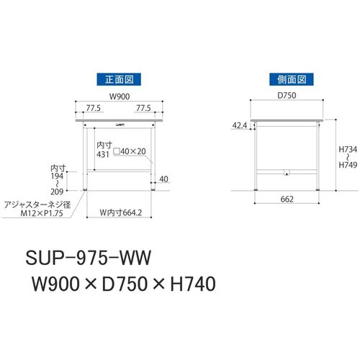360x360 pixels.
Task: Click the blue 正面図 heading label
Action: (119, 79)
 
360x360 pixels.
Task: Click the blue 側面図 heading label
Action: (292, 79)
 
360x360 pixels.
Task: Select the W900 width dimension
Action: (120, 96)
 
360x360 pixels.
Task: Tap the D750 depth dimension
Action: (287, 95)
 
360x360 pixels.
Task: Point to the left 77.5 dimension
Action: (94, 108)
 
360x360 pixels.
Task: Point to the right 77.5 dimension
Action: (143, 108)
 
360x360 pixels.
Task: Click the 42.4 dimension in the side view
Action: (240, 125)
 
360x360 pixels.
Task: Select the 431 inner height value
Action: (103, 154)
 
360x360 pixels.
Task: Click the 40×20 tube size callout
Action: (130, 151)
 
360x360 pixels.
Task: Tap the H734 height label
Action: (348, 150)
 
